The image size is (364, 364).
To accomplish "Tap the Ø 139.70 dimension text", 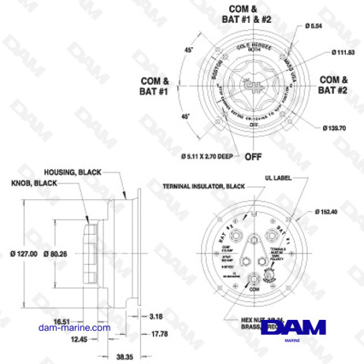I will [x=337, y=127].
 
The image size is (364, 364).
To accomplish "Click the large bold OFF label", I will [x=253, y=156].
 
